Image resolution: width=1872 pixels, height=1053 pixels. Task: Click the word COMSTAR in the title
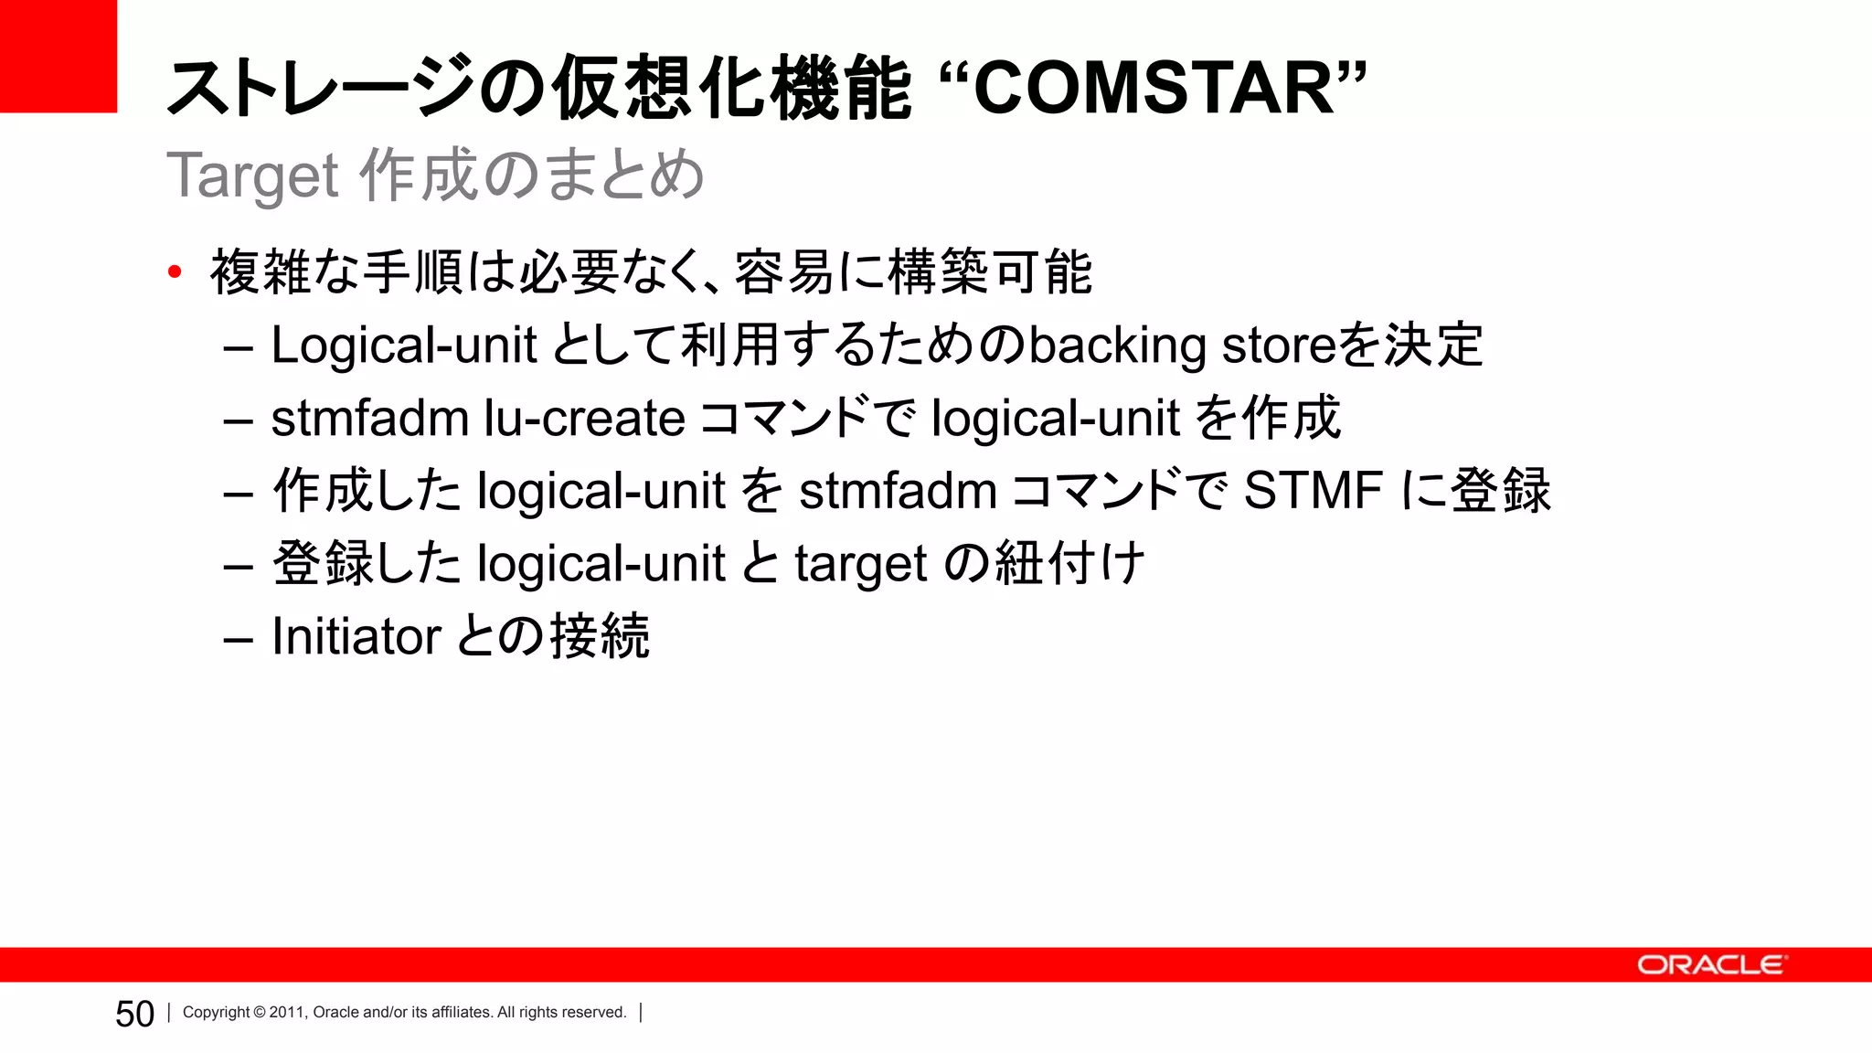pos(1154,89)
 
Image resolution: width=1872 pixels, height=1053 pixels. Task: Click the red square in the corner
pos(58,55)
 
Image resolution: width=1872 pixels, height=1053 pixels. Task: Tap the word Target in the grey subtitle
pos(253,175)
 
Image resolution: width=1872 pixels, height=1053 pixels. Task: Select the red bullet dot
pos(175,271)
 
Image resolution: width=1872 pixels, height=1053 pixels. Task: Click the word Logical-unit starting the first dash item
pos(403,346)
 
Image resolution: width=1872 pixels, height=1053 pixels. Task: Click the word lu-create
pos(584,419)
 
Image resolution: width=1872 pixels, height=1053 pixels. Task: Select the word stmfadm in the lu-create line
pos(369,419)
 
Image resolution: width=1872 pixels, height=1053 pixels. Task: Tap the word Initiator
pos(356,636)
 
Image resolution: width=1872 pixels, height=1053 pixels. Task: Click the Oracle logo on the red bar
pos(1709,965)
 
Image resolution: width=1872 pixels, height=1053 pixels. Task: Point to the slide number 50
pos(134,1014)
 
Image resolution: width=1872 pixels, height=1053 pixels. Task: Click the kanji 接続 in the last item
pos(600,636)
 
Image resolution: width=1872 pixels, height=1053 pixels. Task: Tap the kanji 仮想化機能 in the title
pos(731,89)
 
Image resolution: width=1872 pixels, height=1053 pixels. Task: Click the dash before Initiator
pos(238,638)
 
